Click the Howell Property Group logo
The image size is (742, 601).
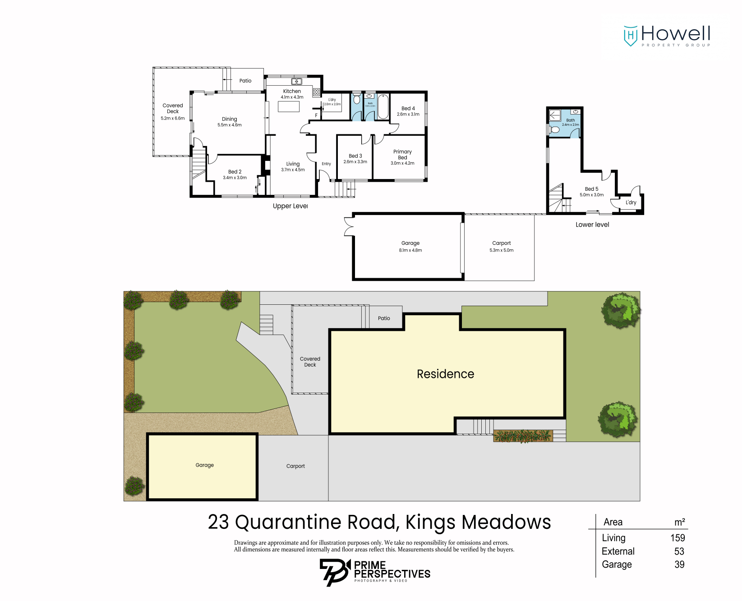pyautogui.click(x=667, y=36)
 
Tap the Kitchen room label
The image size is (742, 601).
pyautogui.click(x=292, y=91)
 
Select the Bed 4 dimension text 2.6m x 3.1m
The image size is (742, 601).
pyautogui.click(x=408, y=115)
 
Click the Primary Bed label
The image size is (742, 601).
pyautogui.click(x=402, y=155)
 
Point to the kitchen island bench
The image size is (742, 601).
pyautogui.click(x=289, y=106)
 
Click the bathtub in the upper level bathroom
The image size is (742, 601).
pyautogui.click(x=383, y=106)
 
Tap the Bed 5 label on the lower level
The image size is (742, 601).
pyautogui.click(x=591, y=189)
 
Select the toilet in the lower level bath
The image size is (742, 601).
pyautogui.click(x=555, y=130)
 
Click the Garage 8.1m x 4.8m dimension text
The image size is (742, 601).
pyautogui.click(x=410, y=250)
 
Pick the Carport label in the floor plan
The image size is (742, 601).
pyautogui.click(x=502, y=243)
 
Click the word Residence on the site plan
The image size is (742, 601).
pyautogui.click(x=445, y=374)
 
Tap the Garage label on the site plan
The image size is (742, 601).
pyautogui.click(x=204, y=465)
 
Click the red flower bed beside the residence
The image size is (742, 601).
pyautogui.click(x=522, y=436)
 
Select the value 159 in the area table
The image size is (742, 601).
pyautogui.click(x=677, y=538)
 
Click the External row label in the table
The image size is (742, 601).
pyautogui.click(x=618, y=551)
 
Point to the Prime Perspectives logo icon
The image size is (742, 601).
pyautogui.click(x=334, y=572)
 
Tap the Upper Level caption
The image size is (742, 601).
pyautogui.click(x=290, y=206)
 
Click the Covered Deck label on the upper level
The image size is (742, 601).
pyautogui.click(x=173, y=108)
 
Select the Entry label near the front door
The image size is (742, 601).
pyautogui.click(x=326, y=164)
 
